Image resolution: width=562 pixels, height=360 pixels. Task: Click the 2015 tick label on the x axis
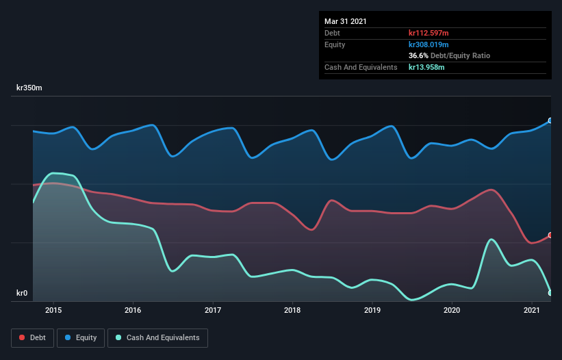53,310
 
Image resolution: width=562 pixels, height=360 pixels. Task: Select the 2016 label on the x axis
133,310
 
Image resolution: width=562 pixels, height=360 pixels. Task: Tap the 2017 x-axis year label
213,310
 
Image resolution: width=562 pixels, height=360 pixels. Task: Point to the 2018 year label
292,310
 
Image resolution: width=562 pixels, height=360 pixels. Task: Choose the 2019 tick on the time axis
372,310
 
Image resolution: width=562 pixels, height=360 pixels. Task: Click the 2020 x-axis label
452,310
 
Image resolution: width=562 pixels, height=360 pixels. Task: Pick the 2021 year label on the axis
532,310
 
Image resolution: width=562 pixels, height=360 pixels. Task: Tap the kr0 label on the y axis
22,294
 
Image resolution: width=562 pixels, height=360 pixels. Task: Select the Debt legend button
32,337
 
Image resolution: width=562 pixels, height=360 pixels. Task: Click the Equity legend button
81,337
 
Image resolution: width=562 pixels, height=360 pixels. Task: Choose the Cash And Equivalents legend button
157,337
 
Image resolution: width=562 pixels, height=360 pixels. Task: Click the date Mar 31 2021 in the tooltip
345,21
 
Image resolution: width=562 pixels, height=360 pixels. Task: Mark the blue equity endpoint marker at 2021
550,120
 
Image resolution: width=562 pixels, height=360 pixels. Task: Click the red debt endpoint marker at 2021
550,235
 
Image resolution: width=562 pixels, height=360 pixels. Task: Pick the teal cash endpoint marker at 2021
550,293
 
